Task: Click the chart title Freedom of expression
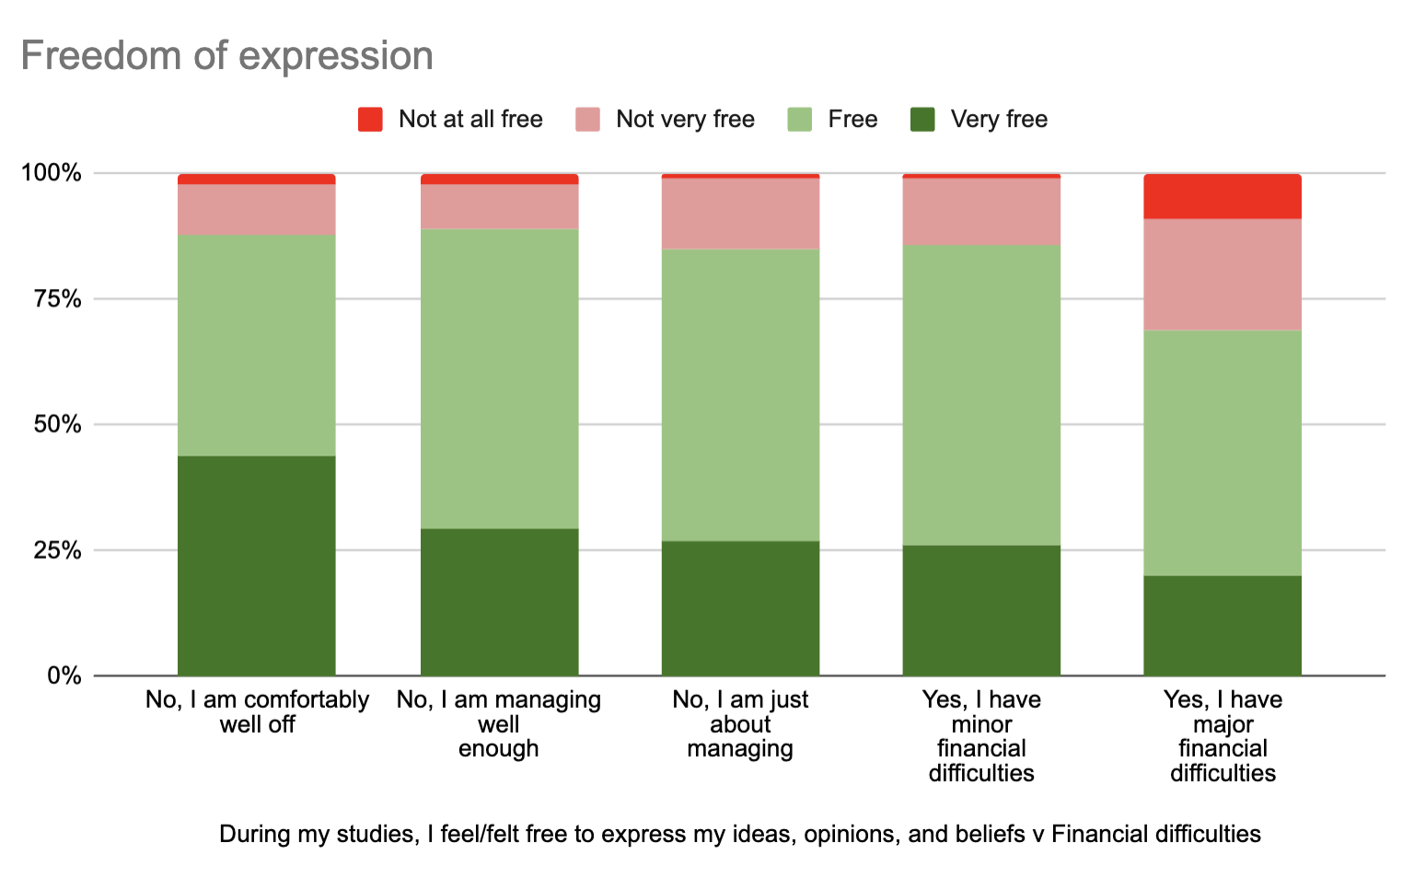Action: [226, 56]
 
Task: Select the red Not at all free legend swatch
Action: [370, 120]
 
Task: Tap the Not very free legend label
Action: [685, 120]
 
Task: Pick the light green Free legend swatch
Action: [800, 120]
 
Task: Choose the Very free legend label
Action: [999, 120]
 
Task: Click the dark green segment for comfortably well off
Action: [257, 565]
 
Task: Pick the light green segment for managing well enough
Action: [500, 378]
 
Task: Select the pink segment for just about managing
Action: [741, 214]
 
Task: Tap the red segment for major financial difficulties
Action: [1223, 196]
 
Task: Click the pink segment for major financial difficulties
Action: [1223, 274]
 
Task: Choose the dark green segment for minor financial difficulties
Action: [981, 610]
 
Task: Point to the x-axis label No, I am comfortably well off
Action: [257, 712]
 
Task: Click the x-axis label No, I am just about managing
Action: [741, 724]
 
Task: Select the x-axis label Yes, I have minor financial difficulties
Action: [981, 736]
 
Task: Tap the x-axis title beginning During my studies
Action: [740, 835]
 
